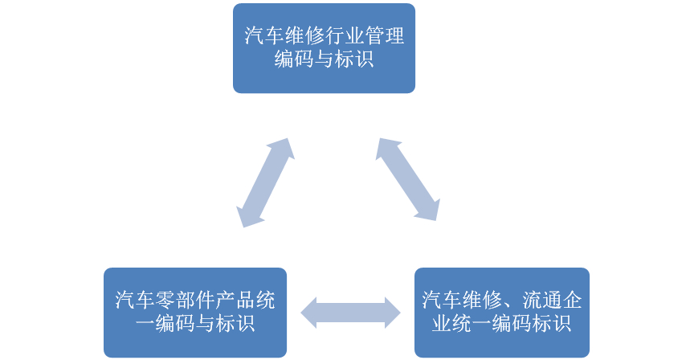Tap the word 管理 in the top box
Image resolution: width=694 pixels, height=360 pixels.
pyautogui.click(x=387, y=37)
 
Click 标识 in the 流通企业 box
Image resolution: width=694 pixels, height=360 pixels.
pyautogui.click(x=552, y=325)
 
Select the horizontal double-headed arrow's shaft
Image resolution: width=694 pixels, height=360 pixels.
pyautogui.click(x=350, y=312)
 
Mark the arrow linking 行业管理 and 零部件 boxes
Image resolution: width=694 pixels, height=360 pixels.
pyautogui.click(x=263, y=182)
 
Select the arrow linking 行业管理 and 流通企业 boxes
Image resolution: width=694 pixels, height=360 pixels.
pyautogui.click(x=408, y=178)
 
